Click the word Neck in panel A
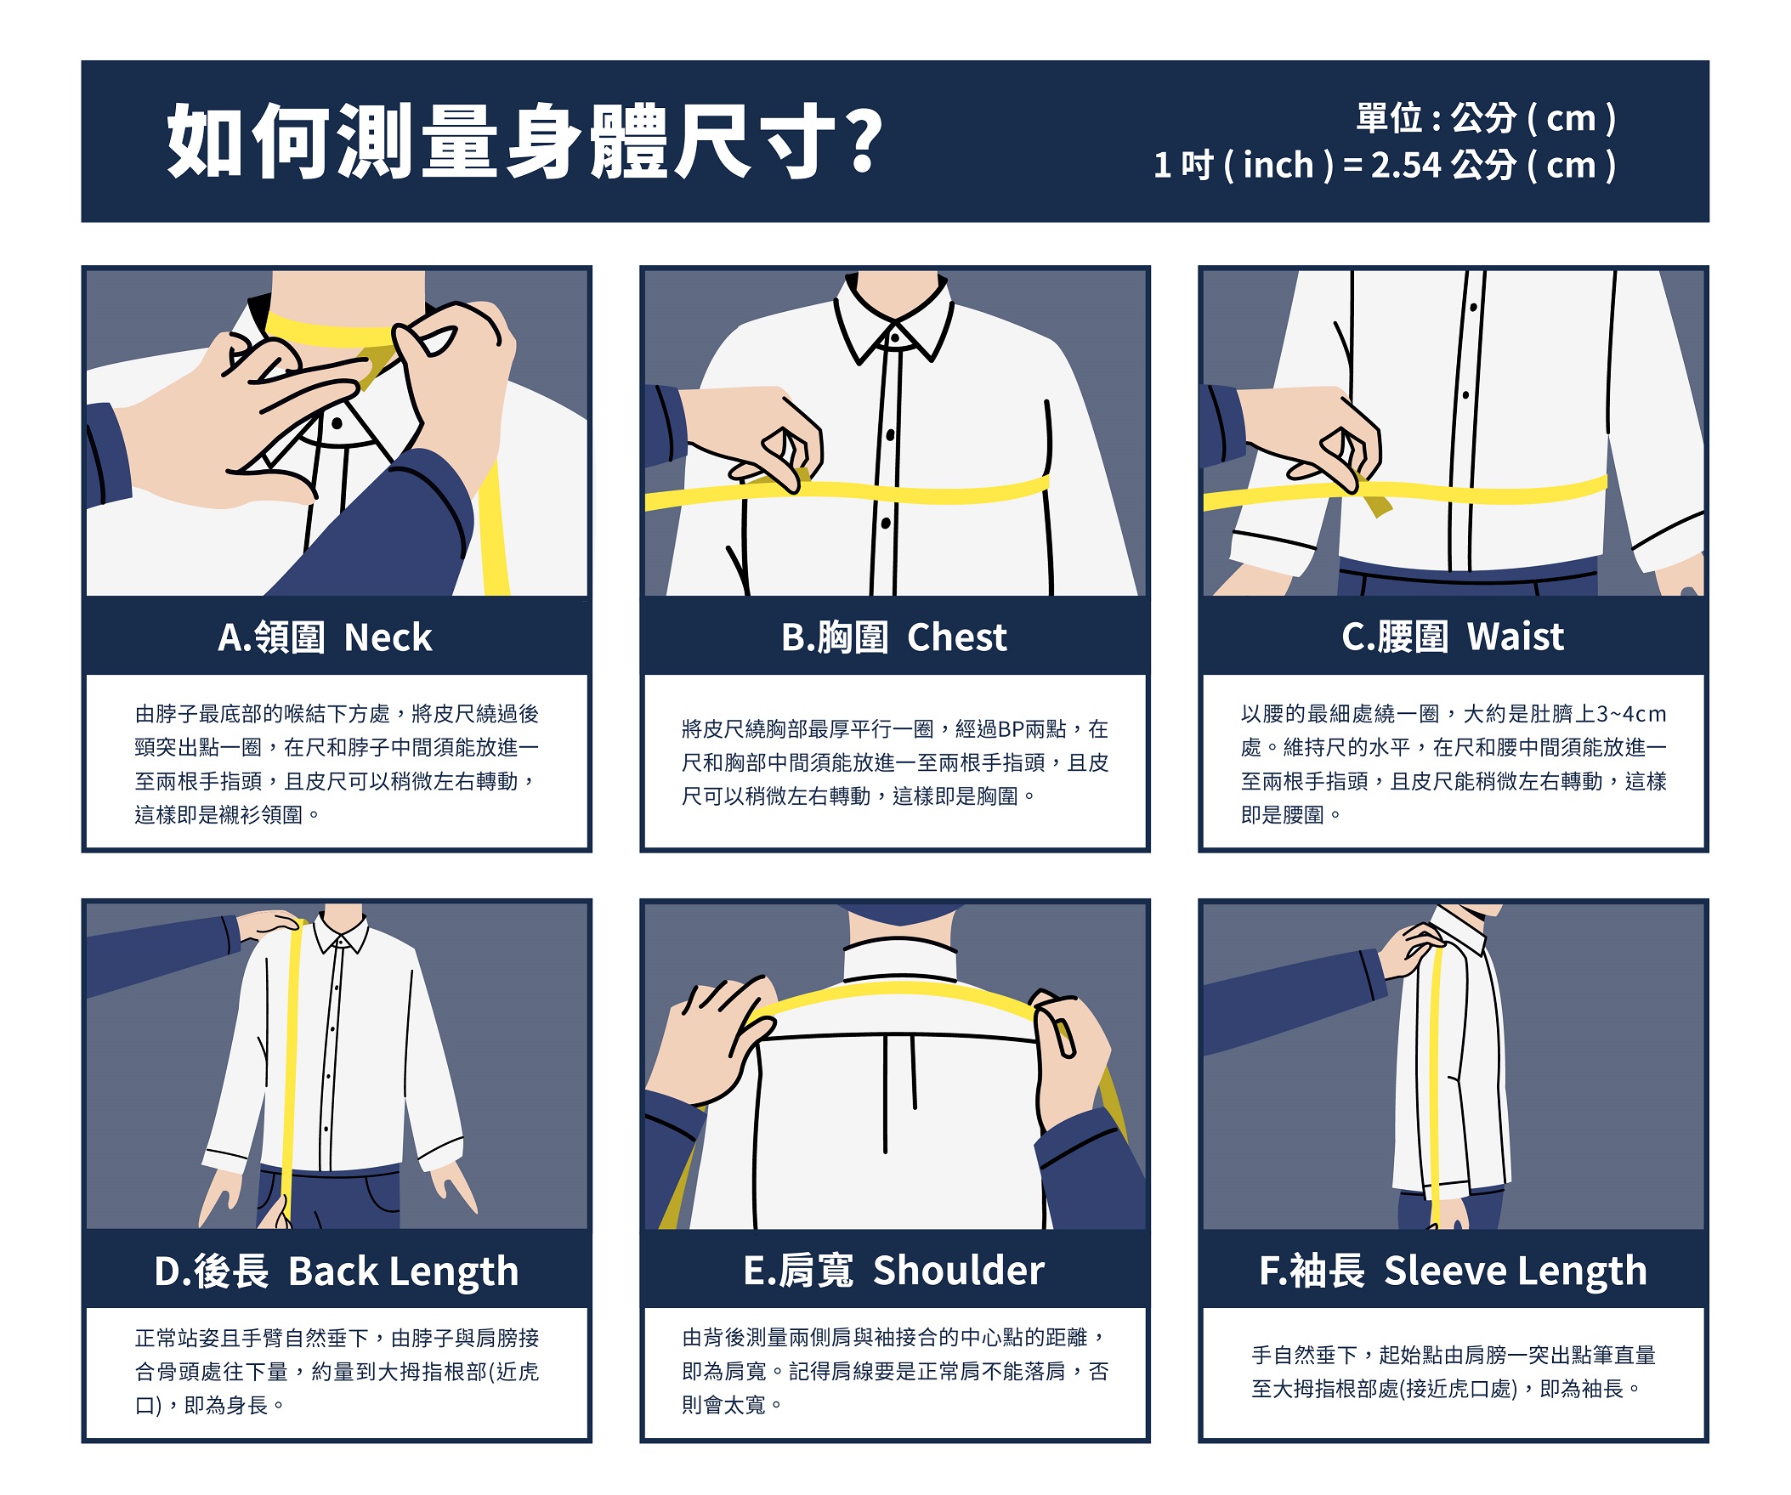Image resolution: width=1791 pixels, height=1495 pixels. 388,637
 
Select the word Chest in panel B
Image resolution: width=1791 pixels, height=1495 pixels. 957,637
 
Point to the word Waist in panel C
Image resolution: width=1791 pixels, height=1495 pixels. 1516,637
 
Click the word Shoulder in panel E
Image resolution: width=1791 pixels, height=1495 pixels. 959,1270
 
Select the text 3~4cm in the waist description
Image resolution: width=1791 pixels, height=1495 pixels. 1630,713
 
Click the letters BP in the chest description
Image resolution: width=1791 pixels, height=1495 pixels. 1009,728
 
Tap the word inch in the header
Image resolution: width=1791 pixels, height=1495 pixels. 1278,165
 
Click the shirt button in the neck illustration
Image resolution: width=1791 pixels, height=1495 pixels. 337,423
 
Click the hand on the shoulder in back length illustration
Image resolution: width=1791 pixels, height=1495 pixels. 270,926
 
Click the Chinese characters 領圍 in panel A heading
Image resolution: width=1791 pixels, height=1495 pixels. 290,637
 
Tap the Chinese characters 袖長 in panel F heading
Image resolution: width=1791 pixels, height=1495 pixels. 1327,1271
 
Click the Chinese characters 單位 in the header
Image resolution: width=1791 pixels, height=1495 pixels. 1389,117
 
